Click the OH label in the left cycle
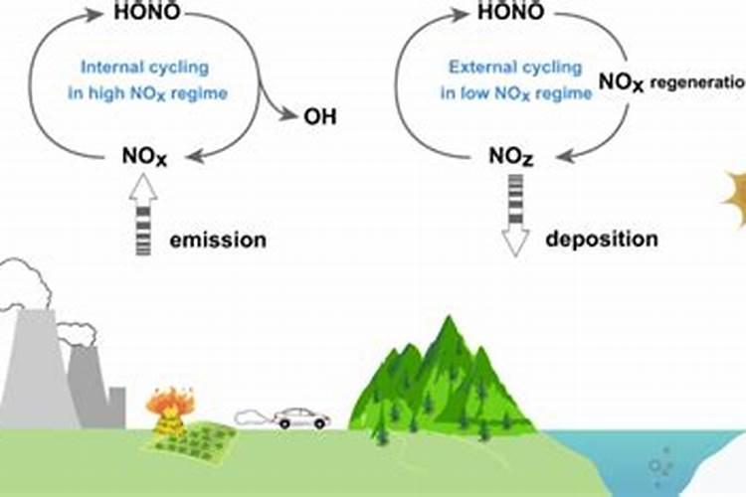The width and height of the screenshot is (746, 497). [x=320, y=117]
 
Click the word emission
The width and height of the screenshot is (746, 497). [x=217, y=240]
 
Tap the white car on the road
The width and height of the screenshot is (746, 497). [x=302, y=417]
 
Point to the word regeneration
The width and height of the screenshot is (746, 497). [x=696, y=83]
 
